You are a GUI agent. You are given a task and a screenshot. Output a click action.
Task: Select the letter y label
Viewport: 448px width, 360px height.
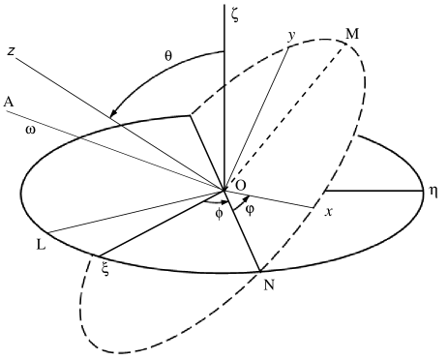[290, 35]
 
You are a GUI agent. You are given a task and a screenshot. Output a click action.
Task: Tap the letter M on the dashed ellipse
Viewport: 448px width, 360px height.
[353, 36]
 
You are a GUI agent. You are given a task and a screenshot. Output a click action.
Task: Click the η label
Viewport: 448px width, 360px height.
[433, 191]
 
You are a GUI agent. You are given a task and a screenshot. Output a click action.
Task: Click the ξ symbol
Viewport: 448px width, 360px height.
[105, 269]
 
